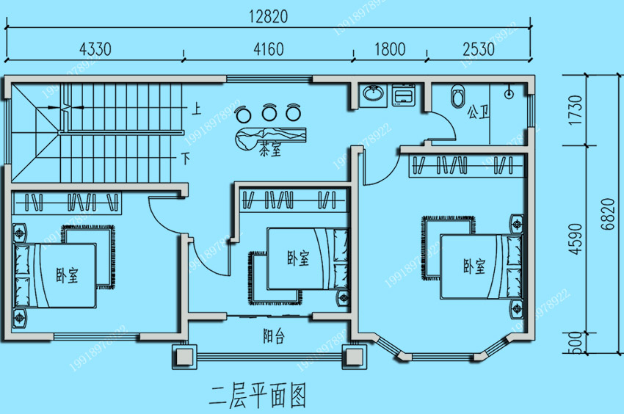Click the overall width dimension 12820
click(x=268, y=15)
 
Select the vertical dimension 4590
click(x=576, y=239)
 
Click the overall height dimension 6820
click(x=604, y=214)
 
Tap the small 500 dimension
click(x=576, y=341)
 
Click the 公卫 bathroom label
click(x=478, y=112)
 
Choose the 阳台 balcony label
click(x=275, y=337)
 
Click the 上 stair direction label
click(x=196, y=111)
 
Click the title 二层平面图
click(x=256, y=396)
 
